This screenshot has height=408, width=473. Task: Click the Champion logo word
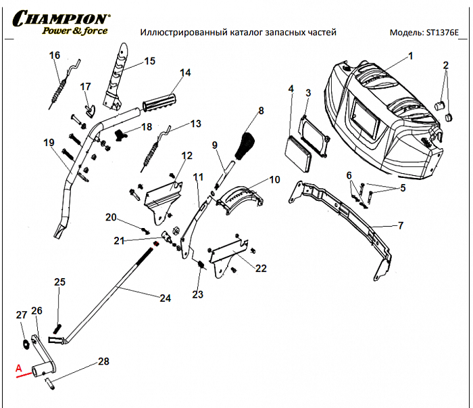(x=59, y=17)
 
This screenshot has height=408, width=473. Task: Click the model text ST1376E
(x=442, y=32)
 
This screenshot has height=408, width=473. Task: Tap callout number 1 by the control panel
(x=409, y=58)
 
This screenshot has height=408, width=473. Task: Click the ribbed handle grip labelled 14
(x=160, y=102)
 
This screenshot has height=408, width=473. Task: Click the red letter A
(x=19, y=369)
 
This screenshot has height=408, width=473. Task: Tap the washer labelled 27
(x=25, y=343)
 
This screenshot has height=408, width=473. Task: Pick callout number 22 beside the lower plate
(x=261, y=268)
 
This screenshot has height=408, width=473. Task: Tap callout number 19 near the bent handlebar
(x=48, y=143)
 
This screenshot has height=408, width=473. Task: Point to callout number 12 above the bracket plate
(x=186, y=156)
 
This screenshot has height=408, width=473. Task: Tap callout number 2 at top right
(x=445, y=65)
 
